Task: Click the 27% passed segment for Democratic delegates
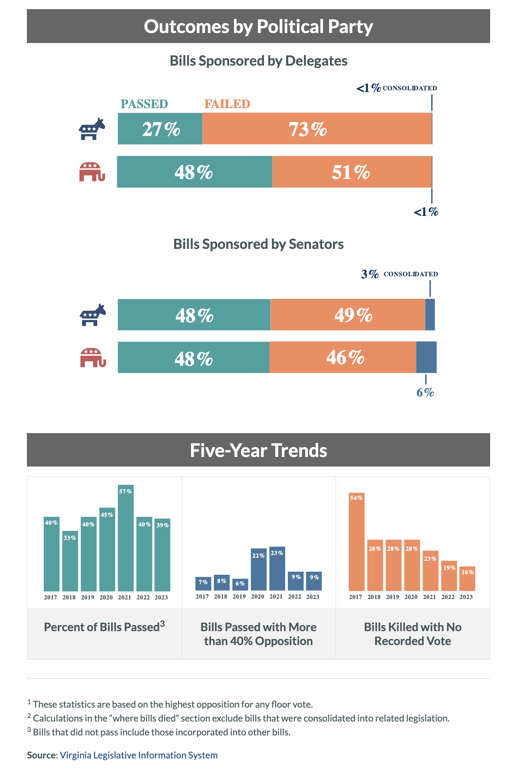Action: (160, 129)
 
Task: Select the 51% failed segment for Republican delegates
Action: (352, 172)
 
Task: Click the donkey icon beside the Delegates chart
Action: (92, 129)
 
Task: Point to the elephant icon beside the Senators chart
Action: (92, 358)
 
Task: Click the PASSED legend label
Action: (144, 104)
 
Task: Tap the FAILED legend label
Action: (227, 104)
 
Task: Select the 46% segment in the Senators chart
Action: (343, 358)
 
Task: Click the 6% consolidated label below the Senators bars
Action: (425, 393)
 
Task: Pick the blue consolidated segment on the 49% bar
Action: (430, 314)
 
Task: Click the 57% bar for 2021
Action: (125, 538)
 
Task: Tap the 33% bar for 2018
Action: (70, 561)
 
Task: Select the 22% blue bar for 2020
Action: (258, 569)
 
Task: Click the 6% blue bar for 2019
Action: (240, 585)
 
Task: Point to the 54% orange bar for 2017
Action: (356, 542)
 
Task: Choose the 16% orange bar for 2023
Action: (467, 579)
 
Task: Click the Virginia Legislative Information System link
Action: (138, 755)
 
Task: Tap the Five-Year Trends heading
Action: (258, 450)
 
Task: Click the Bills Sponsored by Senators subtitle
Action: (258, 244)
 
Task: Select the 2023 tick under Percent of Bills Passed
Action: (161, 597)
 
